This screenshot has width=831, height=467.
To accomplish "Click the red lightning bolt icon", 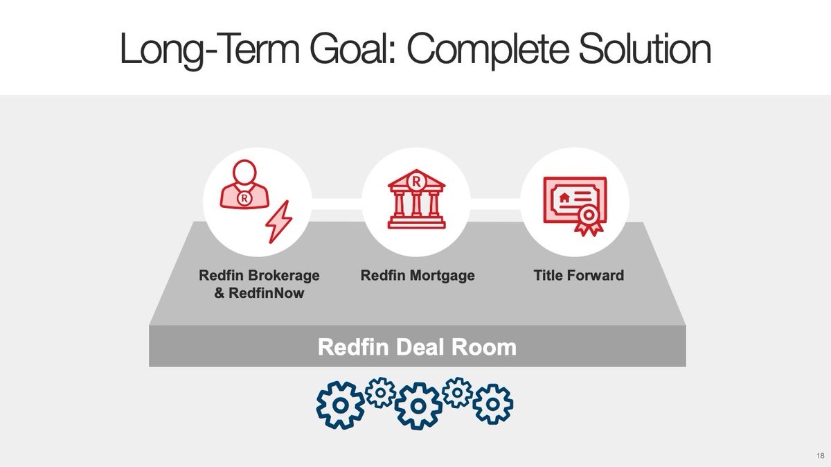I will pos(279,222).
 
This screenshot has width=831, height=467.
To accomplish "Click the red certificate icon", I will pos(574,202).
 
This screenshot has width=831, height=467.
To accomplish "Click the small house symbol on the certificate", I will pos(565,197).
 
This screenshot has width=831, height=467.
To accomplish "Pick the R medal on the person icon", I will pos(244,198).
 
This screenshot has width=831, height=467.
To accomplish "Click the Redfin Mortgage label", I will pos(418,276).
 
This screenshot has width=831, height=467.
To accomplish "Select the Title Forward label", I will pos(578,276).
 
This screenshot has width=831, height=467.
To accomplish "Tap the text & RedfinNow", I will pos(259,294).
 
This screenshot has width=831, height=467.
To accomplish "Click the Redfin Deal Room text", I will pos(417,346).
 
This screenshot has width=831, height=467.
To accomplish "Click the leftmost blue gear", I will pos(340,405).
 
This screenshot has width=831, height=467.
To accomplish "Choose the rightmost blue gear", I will pos(493,403).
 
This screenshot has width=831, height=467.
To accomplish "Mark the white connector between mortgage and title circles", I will pos(496,203).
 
